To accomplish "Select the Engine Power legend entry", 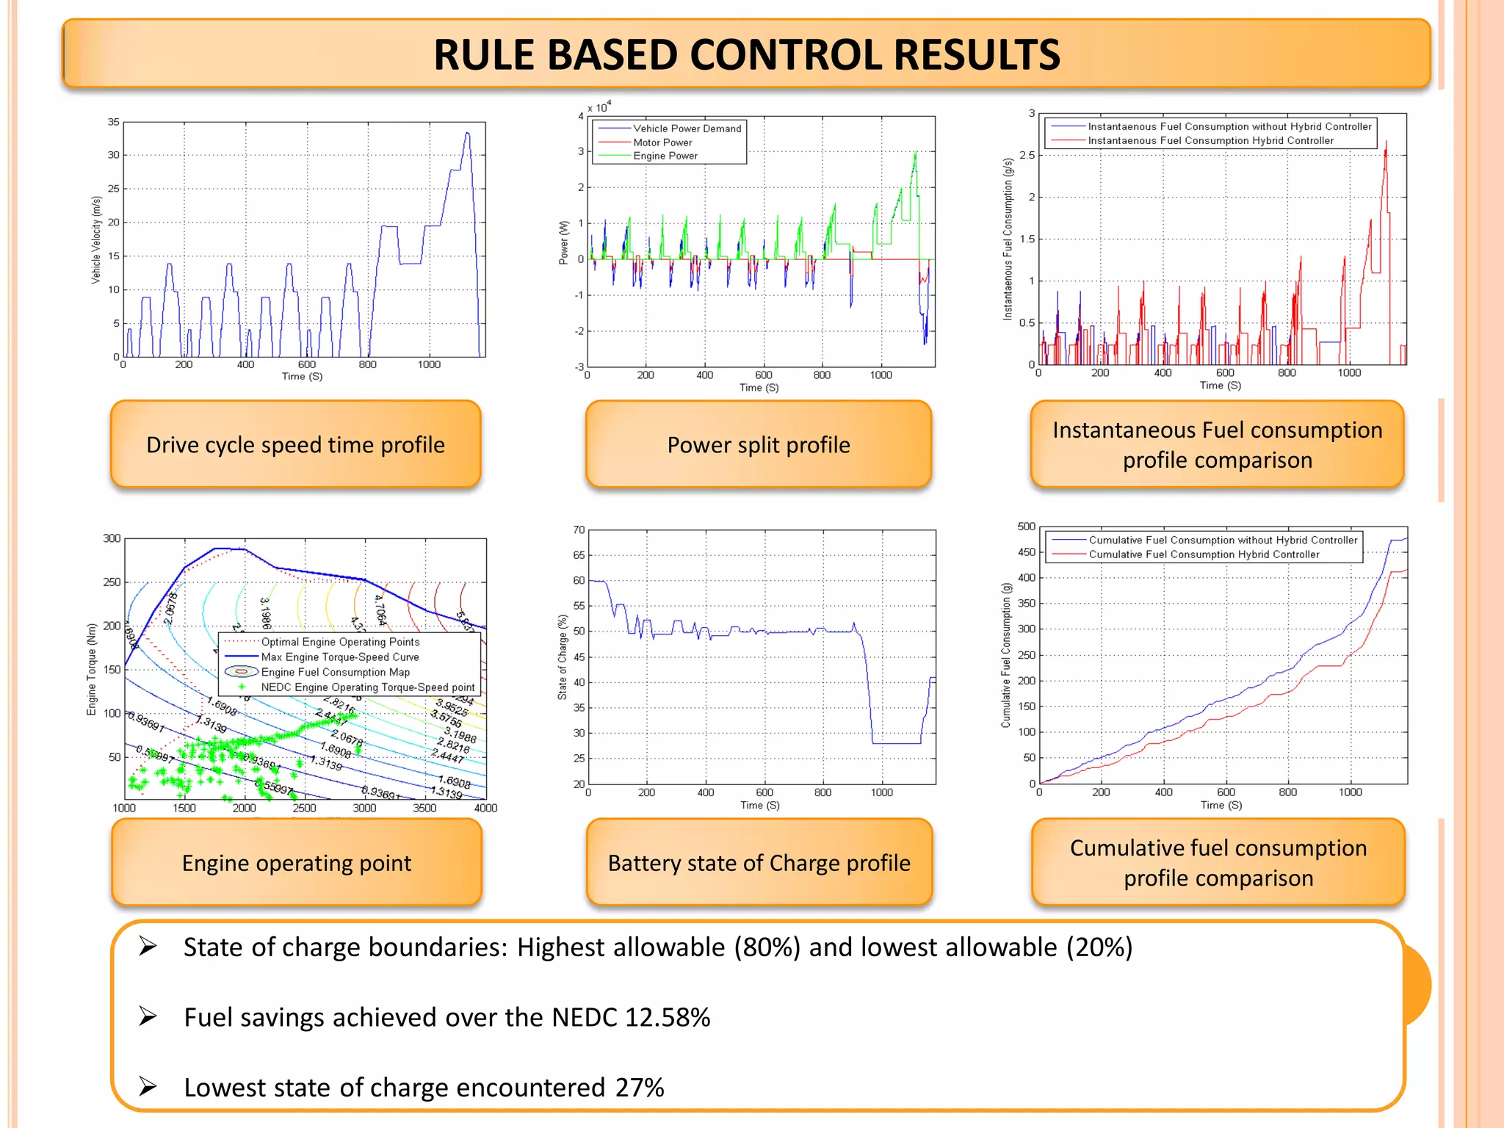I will [665, 156].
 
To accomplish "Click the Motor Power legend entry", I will [662, 142].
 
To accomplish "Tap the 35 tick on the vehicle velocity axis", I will [113, 122].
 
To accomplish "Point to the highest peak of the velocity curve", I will [467, 133].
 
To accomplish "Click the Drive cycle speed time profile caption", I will [295, 445].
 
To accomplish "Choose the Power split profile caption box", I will [759, 445].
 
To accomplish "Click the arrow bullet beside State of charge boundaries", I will [148, 947].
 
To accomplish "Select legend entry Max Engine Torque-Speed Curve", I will [340, 657].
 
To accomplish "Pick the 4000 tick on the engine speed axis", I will [485, 808].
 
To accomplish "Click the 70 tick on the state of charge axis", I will [579, 529].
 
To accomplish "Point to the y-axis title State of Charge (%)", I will [563, 657].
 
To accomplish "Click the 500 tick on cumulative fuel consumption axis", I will [1026, 527].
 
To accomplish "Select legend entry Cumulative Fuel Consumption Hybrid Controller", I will [1204, 554].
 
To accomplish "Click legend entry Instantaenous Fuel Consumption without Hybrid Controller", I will [1229, 126].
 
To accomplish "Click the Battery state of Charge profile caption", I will [759, 863].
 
